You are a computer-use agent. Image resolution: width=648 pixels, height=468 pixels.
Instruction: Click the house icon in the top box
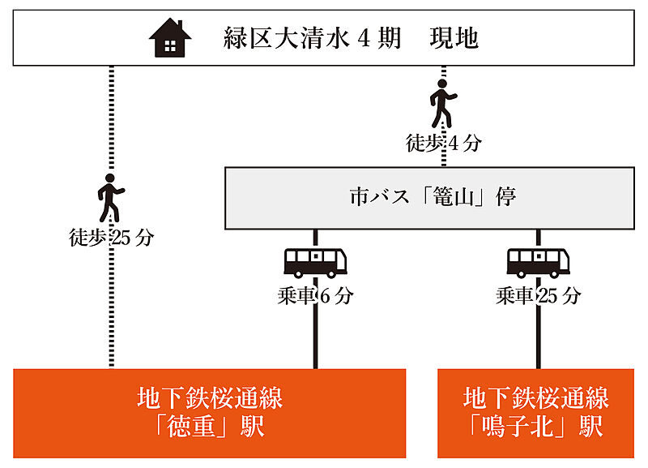[170, 37]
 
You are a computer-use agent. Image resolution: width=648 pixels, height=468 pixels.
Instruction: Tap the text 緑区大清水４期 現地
[351, 38]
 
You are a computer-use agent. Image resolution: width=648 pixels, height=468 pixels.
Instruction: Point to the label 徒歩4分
[443, 144]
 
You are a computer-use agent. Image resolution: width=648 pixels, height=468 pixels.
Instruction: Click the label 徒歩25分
[112, 238]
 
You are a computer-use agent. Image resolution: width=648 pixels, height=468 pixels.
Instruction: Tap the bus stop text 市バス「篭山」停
[433, 197]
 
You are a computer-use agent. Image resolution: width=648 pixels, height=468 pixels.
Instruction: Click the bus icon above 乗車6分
[315, 263]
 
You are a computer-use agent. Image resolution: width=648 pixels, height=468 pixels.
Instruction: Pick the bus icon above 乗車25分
[538, 263]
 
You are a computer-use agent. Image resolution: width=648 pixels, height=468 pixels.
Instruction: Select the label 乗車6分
[315, 296]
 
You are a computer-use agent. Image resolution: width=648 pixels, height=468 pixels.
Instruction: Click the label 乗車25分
[538, 296]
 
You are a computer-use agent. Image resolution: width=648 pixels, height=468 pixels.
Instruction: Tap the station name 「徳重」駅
[210, 427]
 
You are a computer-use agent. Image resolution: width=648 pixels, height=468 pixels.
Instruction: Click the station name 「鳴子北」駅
[536, 427]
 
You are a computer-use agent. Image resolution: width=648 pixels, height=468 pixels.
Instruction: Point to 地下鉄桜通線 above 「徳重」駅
[210, 398]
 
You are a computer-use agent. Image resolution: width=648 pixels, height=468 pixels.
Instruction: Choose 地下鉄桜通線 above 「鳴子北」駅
[536, 398]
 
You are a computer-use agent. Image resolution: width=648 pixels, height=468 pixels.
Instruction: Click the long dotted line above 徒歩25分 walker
[112, 122]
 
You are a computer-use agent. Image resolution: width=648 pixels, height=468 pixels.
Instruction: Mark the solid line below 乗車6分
[315, 337]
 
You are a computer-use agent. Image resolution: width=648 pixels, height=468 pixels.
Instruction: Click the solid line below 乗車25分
[538, 337]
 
